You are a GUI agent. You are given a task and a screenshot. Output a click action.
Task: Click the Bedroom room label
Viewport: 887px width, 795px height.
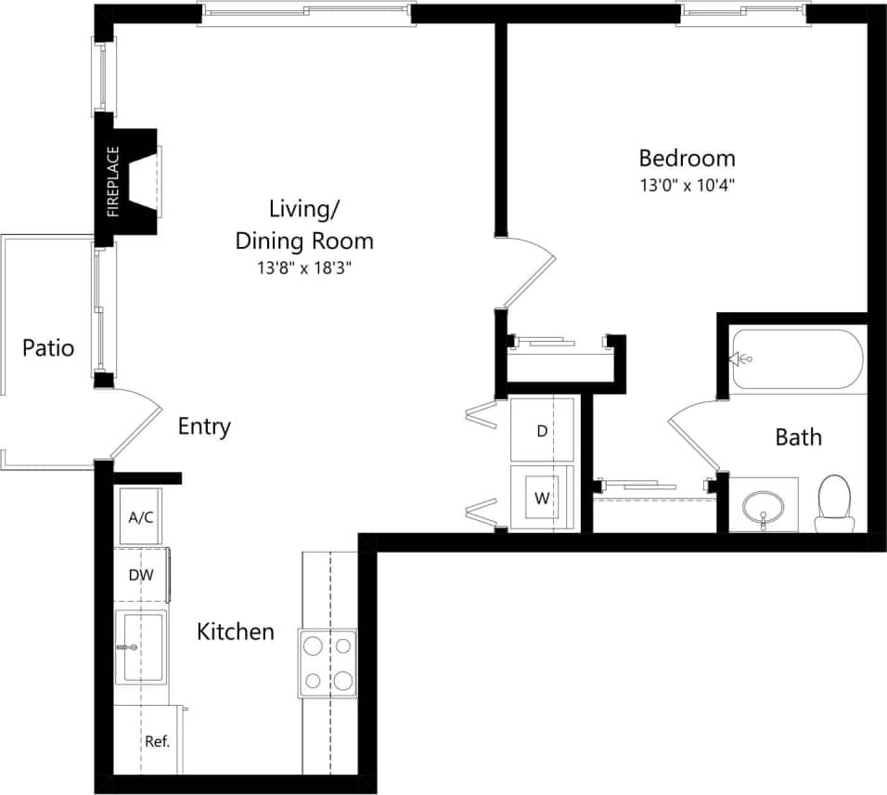pos(687,157)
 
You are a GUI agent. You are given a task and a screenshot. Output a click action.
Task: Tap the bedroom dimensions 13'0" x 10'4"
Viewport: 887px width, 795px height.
pos(687,185)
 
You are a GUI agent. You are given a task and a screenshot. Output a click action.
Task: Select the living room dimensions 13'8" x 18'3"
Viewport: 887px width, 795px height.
pos(304,268)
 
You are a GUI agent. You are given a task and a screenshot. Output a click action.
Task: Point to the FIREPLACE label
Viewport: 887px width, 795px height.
pos(113,181)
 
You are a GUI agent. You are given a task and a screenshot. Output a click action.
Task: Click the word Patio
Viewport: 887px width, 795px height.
pos(48,348)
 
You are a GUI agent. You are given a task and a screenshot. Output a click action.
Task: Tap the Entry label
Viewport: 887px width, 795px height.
pos(204,427)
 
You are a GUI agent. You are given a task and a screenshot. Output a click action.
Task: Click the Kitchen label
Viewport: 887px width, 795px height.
pos(236,632)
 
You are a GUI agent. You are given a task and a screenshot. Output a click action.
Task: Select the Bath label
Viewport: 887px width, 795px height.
pos(798,437)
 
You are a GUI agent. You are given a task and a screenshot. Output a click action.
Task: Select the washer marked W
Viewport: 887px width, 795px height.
pos(542,498)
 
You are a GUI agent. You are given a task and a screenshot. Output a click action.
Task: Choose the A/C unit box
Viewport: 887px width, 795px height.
pos(141,516)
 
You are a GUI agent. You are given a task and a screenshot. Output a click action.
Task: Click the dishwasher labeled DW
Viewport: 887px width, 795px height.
pos(141,575)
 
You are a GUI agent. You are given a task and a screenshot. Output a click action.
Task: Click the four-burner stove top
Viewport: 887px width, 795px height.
pos(328,663)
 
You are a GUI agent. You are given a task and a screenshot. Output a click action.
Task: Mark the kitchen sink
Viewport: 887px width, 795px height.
pos(141,646)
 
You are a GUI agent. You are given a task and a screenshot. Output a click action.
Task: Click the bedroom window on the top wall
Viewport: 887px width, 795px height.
pos(742,14)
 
